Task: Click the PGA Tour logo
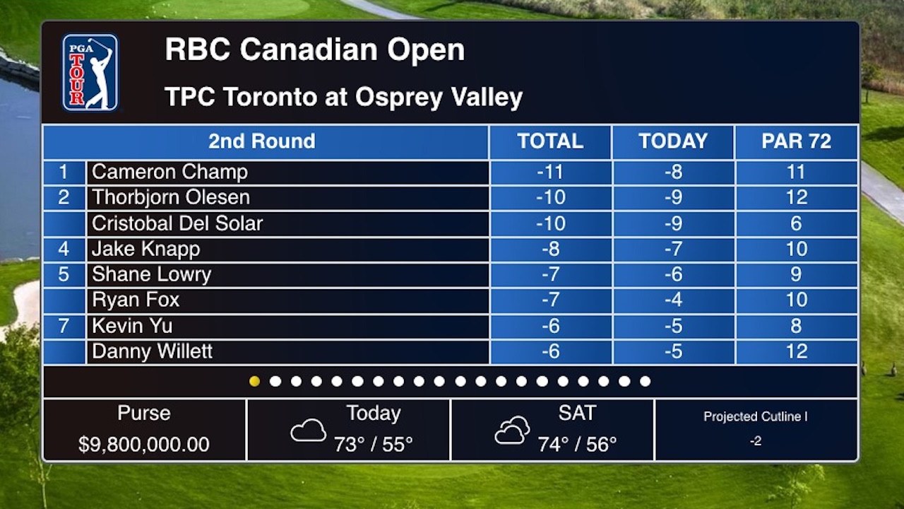90,73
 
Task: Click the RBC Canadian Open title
315,49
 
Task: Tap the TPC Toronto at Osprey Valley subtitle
344,98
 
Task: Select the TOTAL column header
550,141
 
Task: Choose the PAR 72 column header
796,141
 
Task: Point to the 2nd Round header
261,141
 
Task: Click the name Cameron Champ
170,172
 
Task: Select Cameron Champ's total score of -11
550,172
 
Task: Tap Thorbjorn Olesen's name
171,197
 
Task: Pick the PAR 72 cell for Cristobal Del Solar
796,223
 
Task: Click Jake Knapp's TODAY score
674,249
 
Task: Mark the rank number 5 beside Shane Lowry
64,274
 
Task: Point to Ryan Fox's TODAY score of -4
674,300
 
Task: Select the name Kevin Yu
132,326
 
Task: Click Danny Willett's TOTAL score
550,351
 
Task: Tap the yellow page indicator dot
255,381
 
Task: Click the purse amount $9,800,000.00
144,445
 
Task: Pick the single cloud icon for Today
309,431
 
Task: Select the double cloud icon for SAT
513,431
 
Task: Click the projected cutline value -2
756,440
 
